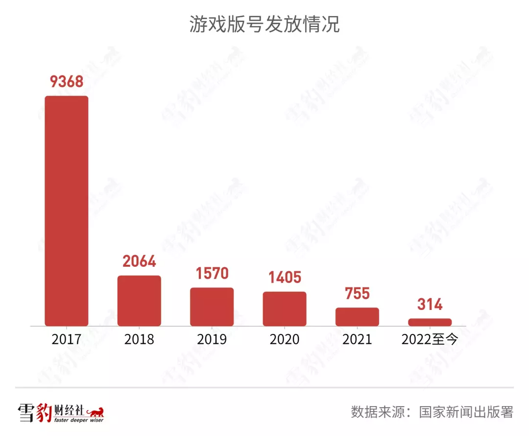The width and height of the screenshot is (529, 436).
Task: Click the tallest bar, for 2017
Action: point(67,211)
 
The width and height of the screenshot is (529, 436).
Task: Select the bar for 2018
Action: point(139,301)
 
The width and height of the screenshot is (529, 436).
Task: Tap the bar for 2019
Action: point(212,307)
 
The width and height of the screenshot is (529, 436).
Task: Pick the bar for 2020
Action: point(285,309)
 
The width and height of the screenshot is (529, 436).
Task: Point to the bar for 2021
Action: point(357,317)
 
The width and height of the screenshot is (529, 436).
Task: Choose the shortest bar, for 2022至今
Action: point(430,322)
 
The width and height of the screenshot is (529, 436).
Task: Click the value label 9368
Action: point(67,81)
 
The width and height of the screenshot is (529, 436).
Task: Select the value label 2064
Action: point(139,261)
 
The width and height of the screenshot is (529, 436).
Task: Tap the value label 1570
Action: point(212,273)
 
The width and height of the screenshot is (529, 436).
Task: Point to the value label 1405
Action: point(285,278)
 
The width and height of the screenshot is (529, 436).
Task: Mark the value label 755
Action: point(357,293)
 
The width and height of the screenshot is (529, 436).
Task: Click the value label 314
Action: point(430,305)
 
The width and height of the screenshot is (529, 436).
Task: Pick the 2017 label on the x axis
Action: point(67,339)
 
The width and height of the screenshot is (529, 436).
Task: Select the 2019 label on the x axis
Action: point(212,339)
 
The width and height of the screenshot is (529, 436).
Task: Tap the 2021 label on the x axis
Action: point(357,339)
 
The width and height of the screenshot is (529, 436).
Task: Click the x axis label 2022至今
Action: point(430,339)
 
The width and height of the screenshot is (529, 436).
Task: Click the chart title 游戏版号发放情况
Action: point(264,25)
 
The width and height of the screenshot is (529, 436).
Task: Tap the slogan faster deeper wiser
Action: point(78,420)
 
